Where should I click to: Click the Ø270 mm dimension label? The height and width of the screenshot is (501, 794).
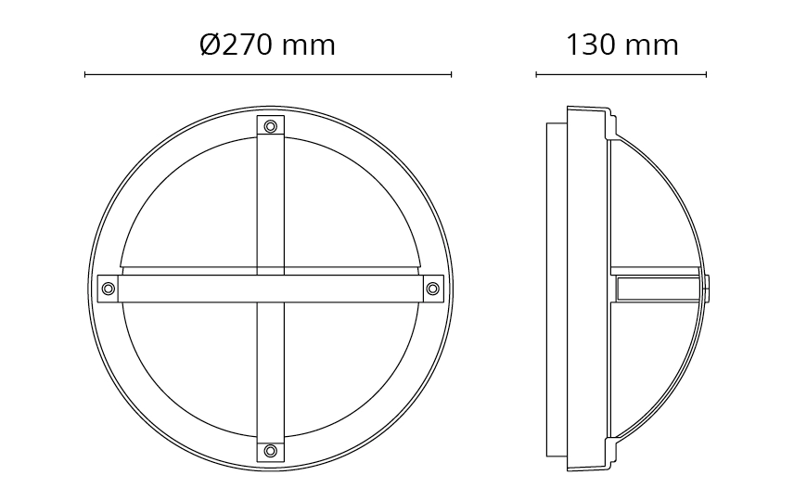[x=267, y=45]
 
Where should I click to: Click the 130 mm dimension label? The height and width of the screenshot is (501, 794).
[x=621, y=45]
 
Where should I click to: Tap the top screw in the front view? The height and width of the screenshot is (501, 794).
[x=271, y=126]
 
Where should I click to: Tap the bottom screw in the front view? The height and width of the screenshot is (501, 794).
[x=271, y=450]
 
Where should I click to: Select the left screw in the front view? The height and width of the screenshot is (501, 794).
[x=108, y=289]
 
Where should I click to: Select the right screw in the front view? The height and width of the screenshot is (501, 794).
[x=432, y=289]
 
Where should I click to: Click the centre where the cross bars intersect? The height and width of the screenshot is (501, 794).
[x=271, y=289]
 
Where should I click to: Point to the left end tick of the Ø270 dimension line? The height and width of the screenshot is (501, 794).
[x=85, y=75]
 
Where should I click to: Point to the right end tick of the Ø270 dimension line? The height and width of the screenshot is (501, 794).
[x=451, y=75]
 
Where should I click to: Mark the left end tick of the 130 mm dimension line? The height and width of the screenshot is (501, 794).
[x=536, y=75]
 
